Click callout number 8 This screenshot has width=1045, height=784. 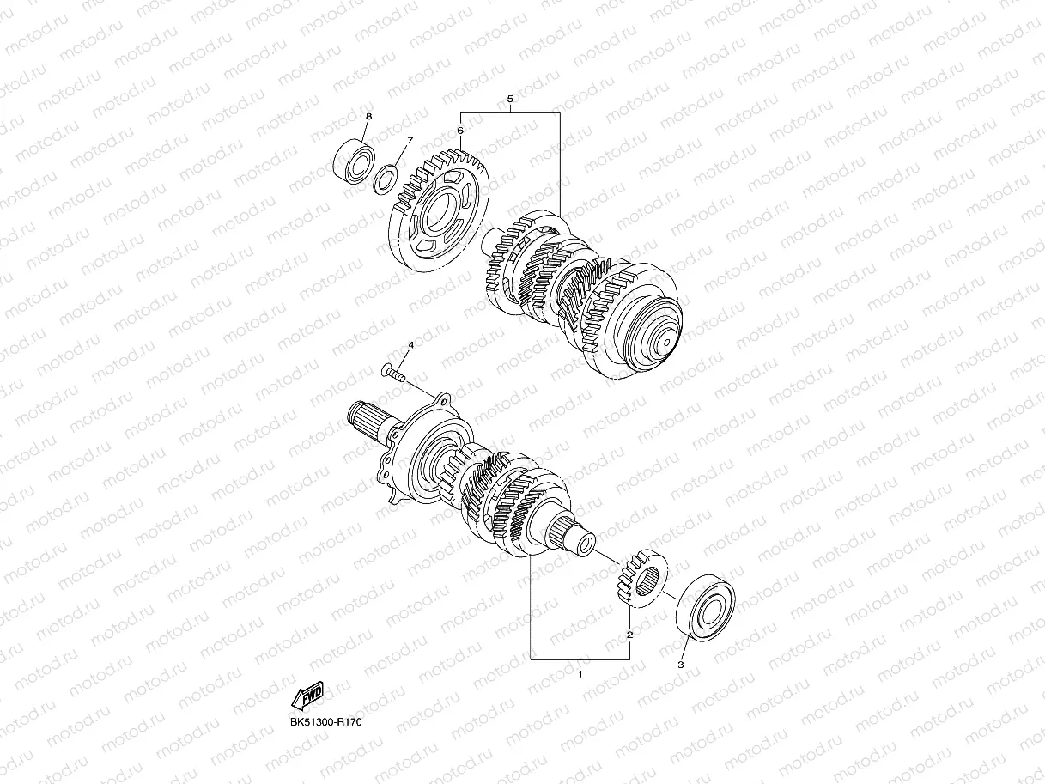pyautogui.click(x=368, y=116)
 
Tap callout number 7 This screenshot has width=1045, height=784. pyautogui.click(x=410, y=141)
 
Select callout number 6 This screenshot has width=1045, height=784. pyautogui.click(x=460, y=130)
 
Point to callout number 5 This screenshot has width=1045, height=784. pyautogui.click(x=510, y=99)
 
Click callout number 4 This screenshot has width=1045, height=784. pyautogui.click(x=410, y=344)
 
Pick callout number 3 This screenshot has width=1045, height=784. pyautogui.click(x=680, y=665)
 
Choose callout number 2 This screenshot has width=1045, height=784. pyautogui.click(x=629, y=635)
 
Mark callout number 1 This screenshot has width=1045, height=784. pyautogui.click(x=580, y=674)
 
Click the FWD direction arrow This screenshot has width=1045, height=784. pyautogui.click(x=307, y=695)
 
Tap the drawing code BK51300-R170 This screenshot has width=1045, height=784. pyautogui.click(x=326, y=722)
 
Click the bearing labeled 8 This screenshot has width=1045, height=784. pyautogui.click(x=353, y=161)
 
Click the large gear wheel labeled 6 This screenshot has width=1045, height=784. pyautogui.click(x=439, y=211)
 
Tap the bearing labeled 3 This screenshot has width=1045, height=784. pyautogui.click(x=706, y=608)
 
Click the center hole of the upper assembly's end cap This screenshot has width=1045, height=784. pyautogui.click(x=666, y=343)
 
